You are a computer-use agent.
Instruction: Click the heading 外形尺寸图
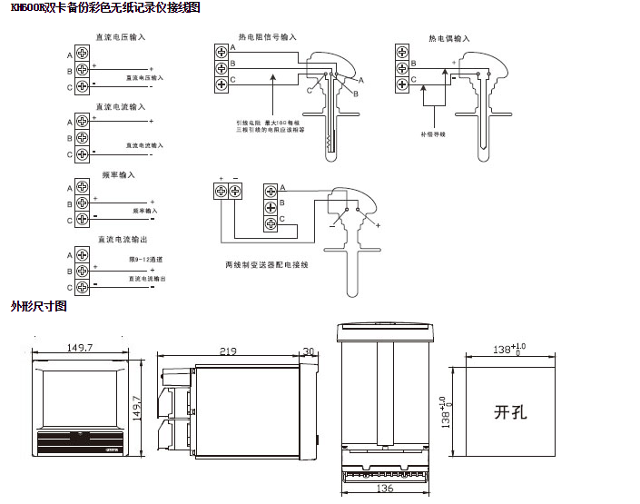click(38, 307)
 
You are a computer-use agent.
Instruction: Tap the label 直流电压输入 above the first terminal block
click(121, 38)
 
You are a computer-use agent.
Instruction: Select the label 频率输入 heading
click(114, 174)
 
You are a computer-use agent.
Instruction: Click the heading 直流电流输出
click(121, 240)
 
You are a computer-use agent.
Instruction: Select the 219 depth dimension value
click(229, 351)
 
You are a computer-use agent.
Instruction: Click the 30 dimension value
click(308, 351)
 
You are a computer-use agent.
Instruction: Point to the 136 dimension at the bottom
click(385, 489)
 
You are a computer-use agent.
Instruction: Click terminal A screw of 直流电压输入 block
click(82, 54)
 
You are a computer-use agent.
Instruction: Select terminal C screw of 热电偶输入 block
click(402, 84)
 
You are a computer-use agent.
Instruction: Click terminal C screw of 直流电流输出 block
click(82, 287)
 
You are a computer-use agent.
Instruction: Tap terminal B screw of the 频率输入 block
click(82, 203)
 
